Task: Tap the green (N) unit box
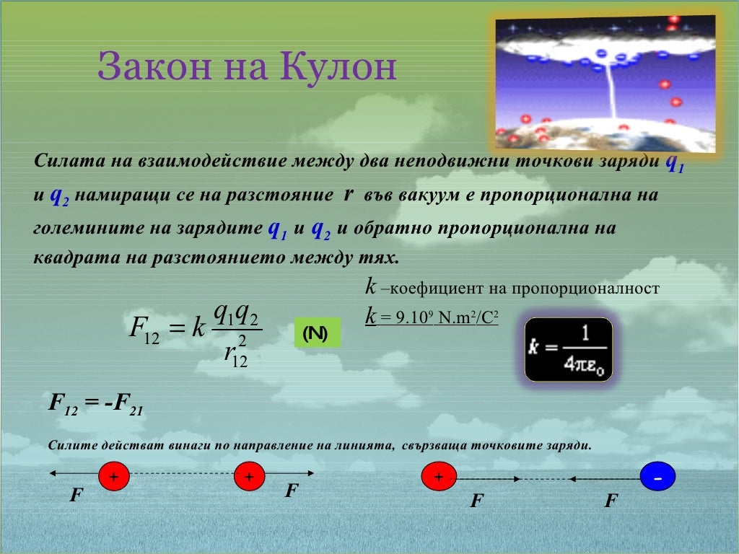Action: point(315,333)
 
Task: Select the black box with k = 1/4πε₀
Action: point(569,350)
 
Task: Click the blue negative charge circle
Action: point(657,478)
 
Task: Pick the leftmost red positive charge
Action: point(114,478)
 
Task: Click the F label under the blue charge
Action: point(611,500)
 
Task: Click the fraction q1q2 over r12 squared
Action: point(235,334)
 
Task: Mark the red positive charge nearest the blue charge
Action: point(438,478)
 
